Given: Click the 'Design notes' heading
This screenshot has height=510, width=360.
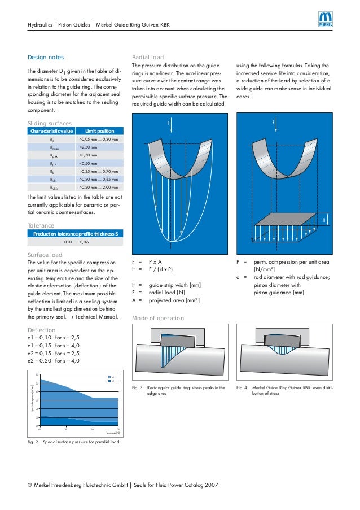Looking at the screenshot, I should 46,58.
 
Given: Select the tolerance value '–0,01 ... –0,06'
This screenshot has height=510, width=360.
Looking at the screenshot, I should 75,242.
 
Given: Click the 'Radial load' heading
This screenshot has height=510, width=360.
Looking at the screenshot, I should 148,58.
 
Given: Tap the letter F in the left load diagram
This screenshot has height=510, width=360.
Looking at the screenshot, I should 168,122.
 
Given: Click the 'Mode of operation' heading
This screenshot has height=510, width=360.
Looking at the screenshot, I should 157,319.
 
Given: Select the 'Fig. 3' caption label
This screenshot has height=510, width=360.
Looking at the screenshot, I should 136,388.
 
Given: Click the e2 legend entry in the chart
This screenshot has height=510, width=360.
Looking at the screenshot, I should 111,377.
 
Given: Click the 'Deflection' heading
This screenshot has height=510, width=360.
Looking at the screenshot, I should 42,330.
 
